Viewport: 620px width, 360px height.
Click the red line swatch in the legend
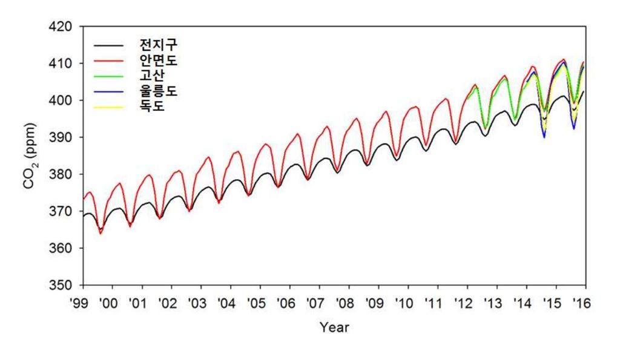109,61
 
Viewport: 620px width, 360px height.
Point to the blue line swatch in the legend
109,92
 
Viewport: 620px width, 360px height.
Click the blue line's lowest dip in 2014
544,137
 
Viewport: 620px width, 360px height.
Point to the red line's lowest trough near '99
100,233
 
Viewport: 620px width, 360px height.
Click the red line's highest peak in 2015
564,59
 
